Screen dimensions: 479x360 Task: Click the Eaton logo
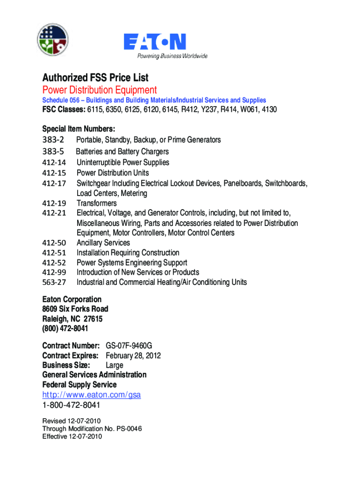(x=155, y=42)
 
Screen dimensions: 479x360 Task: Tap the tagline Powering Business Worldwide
(x=172, y=56)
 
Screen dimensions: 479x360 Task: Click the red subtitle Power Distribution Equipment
(x=100, y=90)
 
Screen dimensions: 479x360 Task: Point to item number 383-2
(x=53, y=140)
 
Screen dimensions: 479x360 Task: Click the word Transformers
(x=97, y=203)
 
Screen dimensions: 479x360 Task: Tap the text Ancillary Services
(x=103, y=243)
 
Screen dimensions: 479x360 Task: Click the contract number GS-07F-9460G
(x=129, y=346)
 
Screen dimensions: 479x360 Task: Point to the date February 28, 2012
(x=133, y=356)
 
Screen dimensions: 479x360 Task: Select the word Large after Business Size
(x=115, y=365)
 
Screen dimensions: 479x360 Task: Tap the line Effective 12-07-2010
(x=72, y=436)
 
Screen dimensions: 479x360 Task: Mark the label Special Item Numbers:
(x=79, y=129)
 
